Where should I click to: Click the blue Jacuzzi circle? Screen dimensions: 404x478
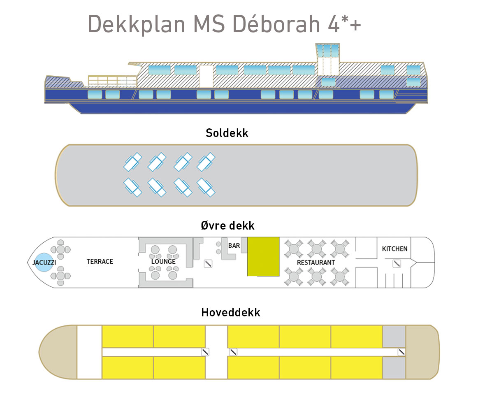tap(43, 262)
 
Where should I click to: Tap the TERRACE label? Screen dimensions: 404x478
tap(100, 262)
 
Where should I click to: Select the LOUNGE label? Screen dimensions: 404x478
tap(163, 262)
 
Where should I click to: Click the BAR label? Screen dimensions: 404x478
tap(234, 246)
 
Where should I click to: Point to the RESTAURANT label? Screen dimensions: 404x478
tap(316, 262)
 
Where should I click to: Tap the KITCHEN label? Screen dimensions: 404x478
tap(394, 249)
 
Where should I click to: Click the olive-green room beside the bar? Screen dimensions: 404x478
tap(263, 256)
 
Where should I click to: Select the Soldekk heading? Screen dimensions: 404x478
tap(227, 133)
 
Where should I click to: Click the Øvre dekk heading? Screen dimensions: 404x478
tap(227, 225)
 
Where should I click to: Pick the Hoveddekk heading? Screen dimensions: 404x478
tap(230, 313)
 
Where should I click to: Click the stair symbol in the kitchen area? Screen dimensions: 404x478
tap(397, 264)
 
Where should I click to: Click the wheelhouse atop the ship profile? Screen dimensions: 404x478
tap(327, 58)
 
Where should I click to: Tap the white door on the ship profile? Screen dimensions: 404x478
tap(206, 77)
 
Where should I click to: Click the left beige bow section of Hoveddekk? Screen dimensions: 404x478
tap(58, 352)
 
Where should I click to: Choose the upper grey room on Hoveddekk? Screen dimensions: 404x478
tap(394, 336)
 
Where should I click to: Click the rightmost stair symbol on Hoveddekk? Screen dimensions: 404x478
tap(401, 352)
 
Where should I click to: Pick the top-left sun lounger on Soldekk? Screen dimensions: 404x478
tap(132, 163)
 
